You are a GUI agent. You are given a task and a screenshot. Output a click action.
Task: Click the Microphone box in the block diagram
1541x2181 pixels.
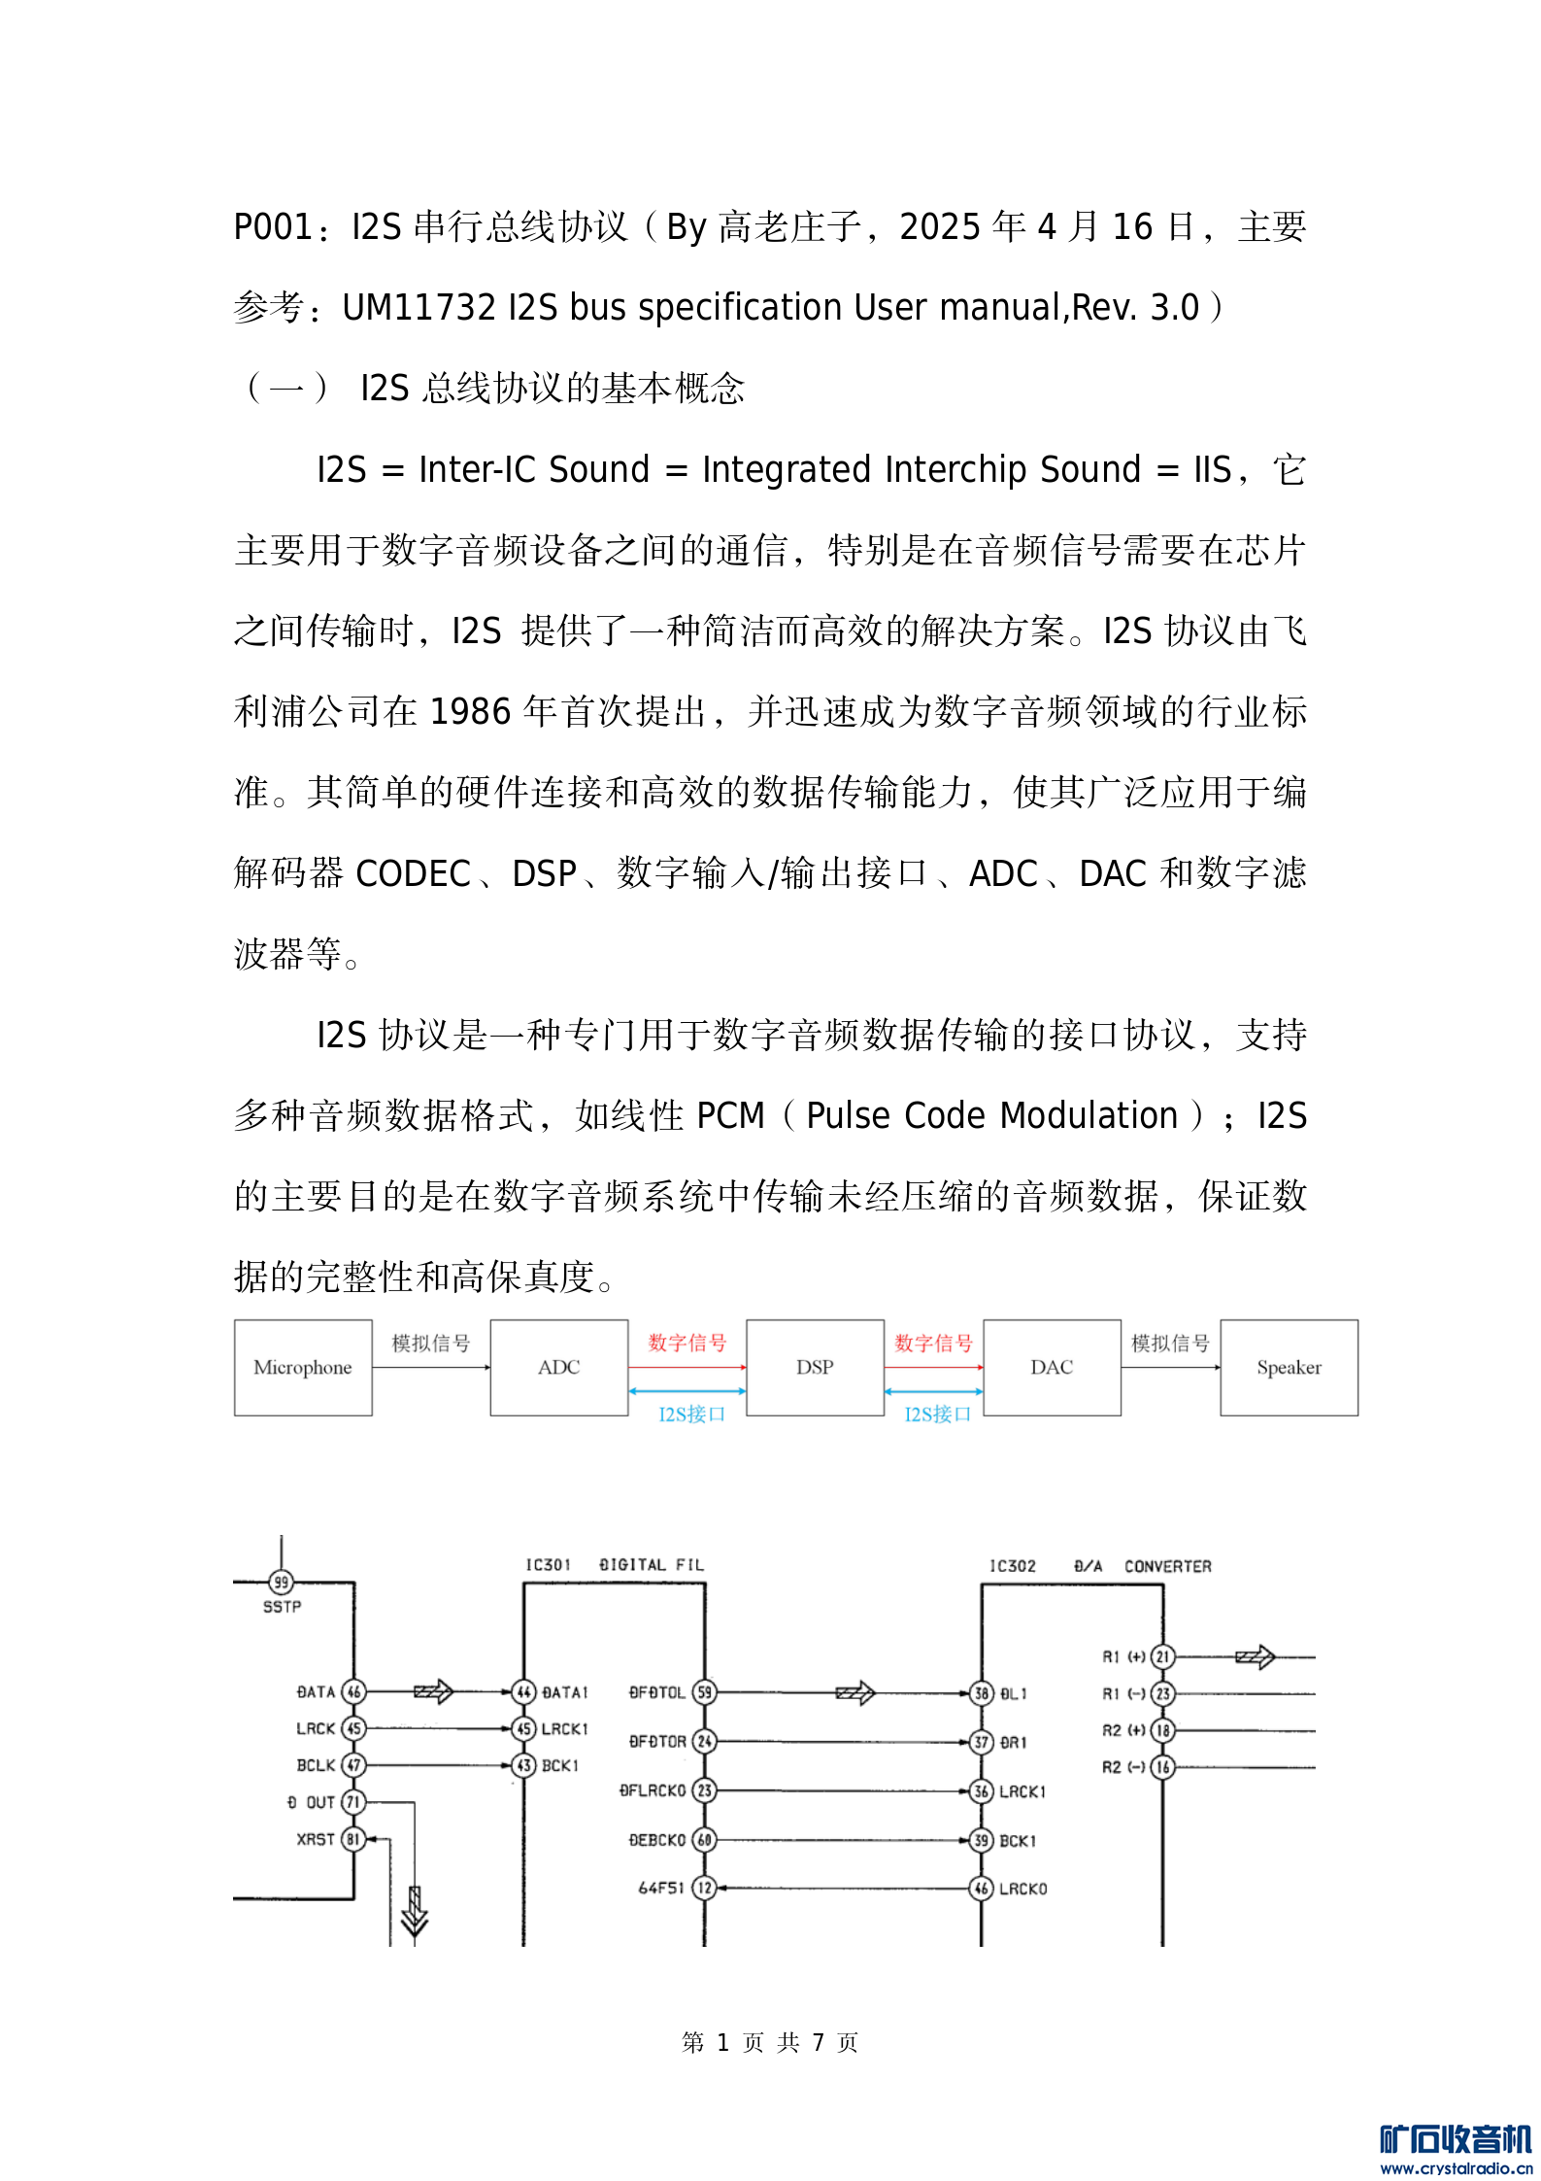click(303, 1367)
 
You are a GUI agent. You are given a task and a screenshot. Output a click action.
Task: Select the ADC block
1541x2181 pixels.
click(558, 1367)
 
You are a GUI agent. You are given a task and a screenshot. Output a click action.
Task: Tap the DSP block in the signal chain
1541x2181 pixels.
click(815, 1367)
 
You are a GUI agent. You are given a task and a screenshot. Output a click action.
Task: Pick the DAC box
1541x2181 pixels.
click(1052, 1367)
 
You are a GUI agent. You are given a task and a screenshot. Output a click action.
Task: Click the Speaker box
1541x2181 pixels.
click(1289, 1367)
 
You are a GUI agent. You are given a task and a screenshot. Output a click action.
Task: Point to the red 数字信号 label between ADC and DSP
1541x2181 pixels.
click(687, 1343)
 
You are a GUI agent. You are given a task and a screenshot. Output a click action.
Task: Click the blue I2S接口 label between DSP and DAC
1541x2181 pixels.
click(937, 1414)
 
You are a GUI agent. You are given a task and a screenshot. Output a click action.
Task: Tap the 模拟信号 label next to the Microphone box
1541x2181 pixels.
click(431, 1343)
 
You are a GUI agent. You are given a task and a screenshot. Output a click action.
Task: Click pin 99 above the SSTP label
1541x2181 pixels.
click(281, 1582)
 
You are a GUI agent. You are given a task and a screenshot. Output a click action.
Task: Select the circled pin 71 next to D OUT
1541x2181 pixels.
click(353, 1802)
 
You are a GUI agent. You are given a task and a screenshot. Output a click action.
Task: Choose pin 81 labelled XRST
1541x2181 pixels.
click(353, 1839)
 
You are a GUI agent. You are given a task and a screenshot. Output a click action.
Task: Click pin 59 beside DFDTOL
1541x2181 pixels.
click(705, 1692)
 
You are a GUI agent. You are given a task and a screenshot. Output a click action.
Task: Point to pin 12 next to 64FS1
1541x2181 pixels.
click(704, 1888)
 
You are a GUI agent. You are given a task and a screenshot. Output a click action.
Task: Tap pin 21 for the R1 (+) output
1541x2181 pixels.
click(1162, 1656)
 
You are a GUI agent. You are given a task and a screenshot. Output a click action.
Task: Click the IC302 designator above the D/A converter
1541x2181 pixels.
click(1012, 1566)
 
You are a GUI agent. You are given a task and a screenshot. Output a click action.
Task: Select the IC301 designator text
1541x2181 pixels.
click(548, 1564)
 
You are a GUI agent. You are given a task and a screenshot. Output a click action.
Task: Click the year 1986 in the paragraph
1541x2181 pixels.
click(470, 712)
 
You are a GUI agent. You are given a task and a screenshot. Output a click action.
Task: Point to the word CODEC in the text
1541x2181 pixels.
click(414, 873)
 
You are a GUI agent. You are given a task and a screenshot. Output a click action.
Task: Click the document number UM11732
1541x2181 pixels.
click(419, 308)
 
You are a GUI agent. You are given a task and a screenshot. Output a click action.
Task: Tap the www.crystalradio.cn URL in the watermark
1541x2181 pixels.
click(1456, 2167)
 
